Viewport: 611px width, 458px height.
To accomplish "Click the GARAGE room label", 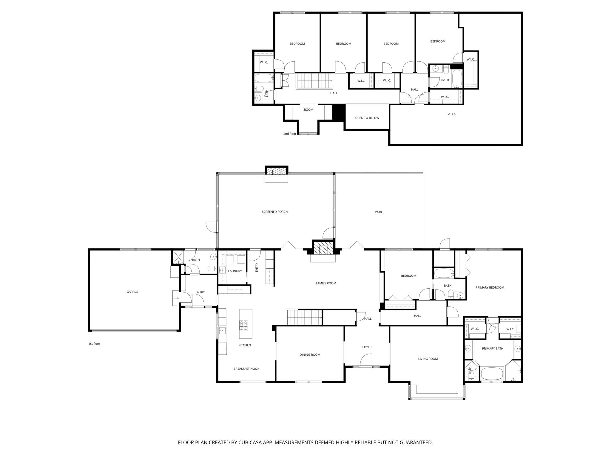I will (132, 292).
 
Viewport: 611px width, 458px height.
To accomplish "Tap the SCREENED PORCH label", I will (274, 212).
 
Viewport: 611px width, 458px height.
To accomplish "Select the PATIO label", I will (379, 212).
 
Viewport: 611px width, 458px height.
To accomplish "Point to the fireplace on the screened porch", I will (277, 171).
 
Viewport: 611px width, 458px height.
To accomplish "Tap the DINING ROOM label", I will (310, 355).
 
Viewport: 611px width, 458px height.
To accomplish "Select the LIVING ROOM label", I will (428, 359).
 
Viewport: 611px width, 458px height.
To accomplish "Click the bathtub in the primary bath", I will (492, 374).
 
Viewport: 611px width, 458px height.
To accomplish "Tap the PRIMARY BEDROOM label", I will (490, 288).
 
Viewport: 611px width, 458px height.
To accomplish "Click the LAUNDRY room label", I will (235, 271).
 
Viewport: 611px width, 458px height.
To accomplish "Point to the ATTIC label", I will (452, 114).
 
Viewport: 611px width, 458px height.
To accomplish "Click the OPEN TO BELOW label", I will (367, 118).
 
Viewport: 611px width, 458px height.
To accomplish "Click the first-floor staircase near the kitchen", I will (304, 317).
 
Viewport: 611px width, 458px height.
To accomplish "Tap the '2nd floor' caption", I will (290, 134).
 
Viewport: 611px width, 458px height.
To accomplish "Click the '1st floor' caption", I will (94, 344).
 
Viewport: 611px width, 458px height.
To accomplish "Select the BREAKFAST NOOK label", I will (246, 369).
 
